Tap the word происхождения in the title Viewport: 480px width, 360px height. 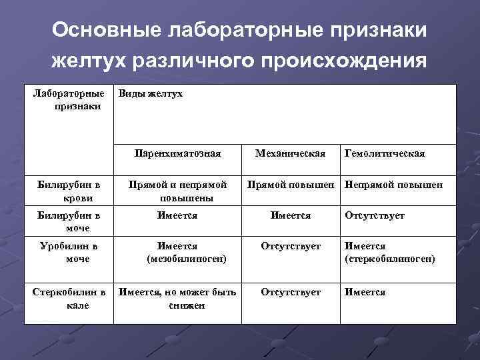[343, 61]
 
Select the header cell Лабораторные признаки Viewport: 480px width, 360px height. [69, 100]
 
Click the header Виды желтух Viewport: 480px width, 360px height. [150, 94]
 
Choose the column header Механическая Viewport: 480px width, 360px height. [290, 153]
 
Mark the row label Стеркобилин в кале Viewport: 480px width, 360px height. [69, 299]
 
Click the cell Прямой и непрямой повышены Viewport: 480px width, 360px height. [177, 191]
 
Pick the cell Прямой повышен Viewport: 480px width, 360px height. [291, 185]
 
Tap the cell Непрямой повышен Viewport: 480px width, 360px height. [393, 185]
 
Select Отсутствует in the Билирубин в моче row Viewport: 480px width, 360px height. [374, 215]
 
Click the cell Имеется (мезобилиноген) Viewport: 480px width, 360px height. [177, 253]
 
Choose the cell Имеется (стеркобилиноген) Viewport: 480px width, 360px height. [389, 253]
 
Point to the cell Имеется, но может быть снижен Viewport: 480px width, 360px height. [177, 299]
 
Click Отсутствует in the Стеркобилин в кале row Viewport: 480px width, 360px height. [291, 292]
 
